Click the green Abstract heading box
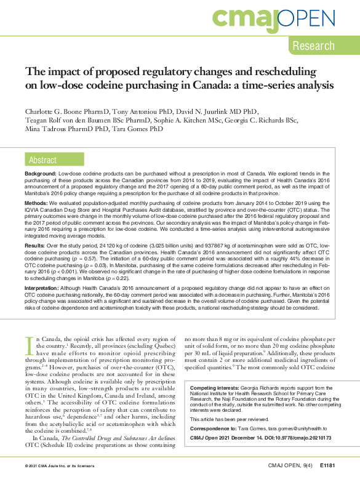point(44,161)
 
